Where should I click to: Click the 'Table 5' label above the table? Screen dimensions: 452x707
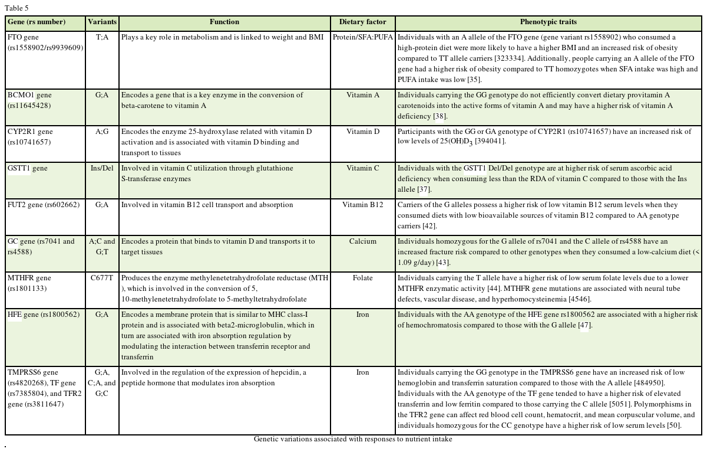16,8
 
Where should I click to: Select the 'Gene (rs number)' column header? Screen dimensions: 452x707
37,22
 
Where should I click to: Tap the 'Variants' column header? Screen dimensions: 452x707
103,22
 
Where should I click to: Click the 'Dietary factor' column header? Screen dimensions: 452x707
362,22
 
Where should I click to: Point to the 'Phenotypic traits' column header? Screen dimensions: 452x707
548,22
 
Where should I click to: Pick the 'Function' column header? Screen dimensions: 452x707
224,22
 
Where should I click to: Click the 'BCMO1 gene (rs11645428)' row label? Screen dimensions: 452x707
29,100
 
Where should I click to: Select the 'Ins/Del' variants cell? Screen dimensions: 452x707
102,168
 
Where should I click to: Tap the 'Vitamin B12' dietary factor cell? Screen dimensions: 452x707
362,205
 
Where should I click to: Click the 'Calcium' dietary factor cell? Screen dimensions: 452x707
362,241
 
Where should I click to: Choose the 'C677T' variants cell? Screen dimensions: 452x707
102,278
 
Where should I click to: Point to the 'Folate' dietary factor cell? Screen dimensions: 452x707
362,278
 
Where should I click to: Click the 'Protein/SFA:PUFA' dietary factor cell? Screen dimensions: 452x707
362,37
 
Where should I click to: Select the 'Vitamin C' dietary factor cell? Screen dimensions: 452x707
362,168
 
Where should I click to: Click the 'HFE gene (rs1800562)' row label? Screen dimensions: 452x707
43,315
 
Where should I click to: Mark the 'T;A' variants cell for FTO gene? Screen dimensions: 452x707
102,37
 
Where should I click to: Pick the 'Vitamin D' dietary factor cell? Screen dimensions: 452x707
362,132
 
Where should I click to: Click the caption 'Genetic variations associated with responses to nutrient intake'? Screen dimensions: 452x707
353,439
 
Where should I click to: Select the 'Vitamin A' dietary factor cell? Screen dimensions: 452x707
362,95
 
